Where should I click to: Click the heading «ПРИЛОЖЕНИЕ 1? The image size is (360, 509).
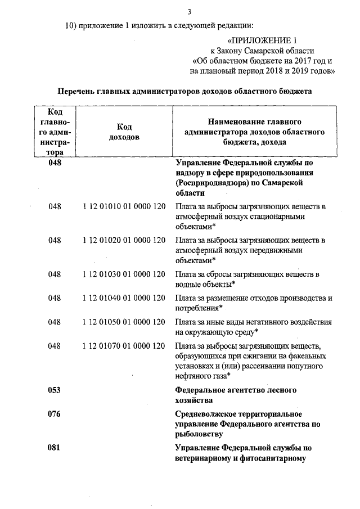[x=262, y=41]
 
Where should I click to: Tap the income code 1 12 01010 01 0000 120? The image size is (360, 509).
[x=124, y=206]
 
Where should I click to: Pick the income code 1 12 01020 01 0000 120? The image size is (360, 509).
[x=124, y=240]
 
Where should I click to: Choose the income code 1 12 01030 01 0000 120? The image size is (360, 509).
[x=124, y=274]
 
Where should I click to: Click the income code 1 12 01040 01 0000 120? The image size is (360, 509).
[x=124, y=298]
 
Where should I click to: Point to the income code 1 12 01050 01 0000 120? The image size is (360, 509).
[x=124, y=322]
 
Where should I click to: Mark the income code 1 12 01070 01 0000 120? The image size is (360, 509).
[x=124, y=345]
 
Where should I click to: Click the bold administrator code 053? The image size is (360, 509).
[x=55, y=390]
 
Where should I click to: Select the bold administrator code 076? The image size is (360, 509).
[x=55, y=414]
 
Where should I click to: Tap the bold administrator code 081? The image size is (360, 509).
[x=55, y=448]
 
